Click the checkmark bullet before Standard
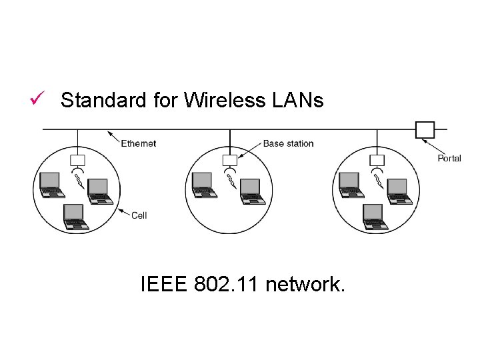37,100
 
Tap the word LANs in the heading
297,100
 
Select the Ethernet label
139,143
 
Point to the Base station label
288,143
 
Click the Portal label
449,158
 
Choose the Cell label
139,215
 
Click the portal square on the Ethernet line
425,129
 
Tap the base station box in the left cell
77,160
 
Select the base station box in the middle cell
230,160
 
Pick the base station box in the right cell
377,160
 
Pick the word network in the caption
305,285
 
